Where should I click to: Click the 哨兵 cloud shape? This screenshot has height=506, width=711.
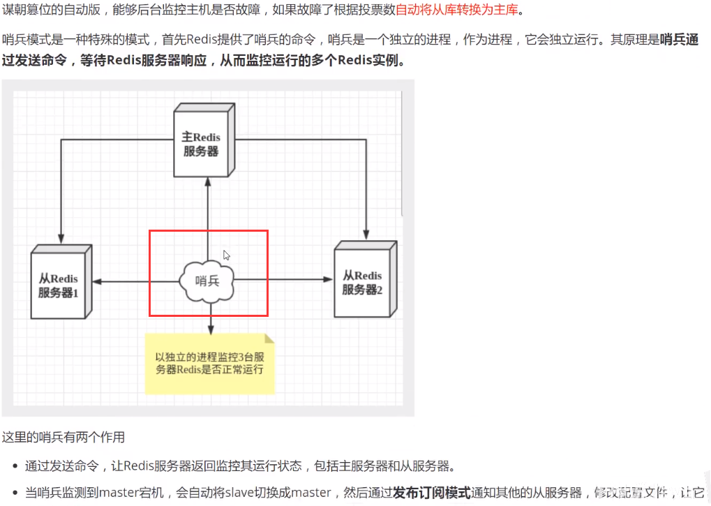pos(207,281)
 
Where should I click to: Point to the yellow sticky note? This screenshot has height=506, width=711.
pos(209,364)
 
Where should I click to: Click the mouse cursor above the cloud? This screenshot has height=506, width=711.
pos(226,255)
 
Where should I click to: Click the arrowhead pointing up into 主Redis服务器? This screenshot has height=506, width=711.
pos(208,181)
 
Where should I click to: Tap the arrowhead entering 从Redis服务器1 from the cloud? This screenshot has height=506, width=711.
pos(97,281)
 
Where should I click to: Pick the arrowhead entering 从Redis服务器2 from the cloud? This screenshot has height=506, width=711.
pos(329,280)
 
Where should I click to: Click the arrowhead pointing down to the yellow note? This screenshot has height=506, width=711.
pos(210,329)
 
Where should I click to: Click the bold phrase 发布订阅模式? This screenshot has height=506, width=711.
pos(431,493)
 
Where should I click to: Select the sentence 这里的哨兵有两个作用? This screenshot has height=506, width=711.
pos(63,438)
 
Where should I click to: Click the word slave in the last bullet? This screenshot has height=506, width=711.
pos(238,493)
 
